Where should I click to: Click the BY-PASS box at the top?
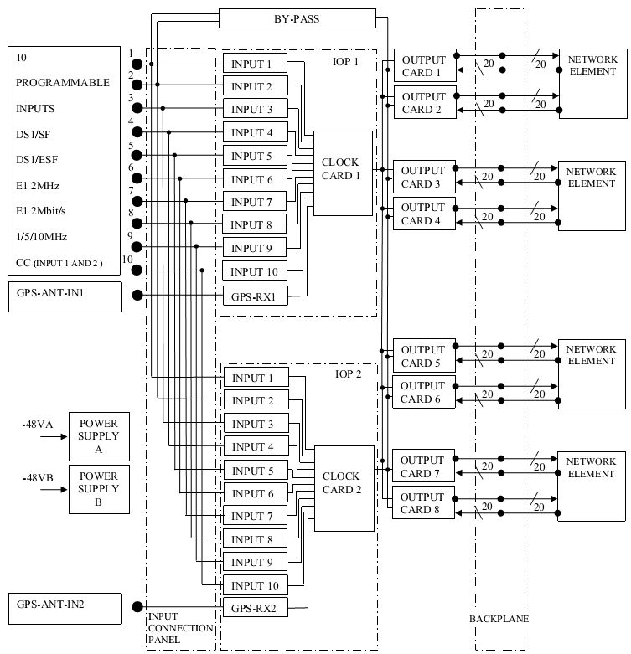[297, 18]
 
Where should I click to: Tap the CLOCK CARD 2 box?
[343, 482]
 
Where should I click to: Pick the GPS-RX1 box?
[253, 296]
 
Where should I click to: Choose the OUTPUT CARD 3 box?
[424, 177]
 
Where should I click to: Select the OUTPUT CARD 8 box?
[424, 503]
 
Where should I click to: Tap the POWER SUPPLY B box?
[99, 489]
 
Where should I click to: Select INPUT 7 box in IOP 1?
[253, 203]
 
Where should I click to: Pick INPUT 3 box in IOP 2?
[253, 424]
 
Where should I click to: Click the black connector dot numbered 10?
[137, 270]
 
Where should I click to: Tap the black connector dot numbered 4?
[137, 131]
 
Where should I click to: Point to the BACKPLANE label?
[500, 619]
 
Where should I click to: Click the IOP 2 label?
[348, 374]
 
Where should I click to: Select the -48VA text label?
[38, 425]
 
